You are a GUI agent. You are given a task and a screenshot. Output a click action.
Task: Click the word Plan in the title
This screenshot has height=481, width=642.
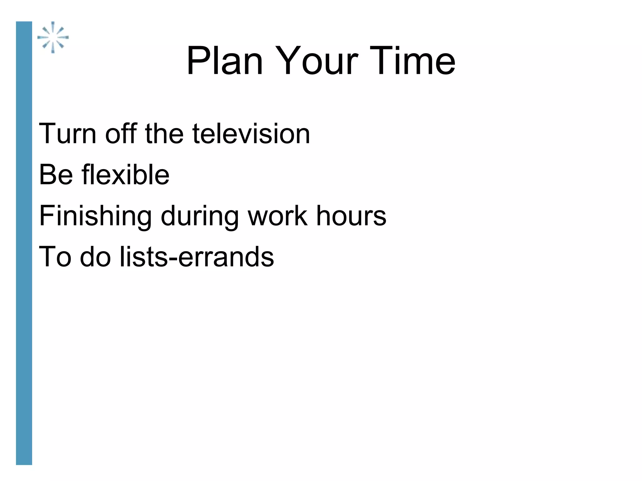(x=224, y=61)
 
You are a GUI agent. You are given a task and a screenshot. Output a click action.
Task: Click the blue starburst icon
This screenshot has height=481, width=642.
(x=53, y=37)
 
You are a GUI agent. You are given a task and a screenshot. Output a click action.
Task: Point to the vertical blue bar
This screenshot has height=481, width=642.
(x=24, y=243)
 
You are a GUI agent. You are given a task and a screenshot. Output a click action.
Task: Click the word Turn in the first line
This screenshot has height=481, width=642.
(x=67, y=134)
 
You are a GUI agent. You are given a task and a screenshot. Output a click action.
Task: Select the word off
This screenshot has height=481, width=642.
(x=121, y=134)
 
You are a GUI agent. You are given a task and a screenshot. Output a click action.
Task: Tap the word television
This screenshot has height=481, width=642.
(x=251, y=134)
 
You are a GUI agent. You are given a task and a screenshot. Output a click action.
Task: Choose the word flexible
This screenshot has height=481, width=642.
(x=125, y=175)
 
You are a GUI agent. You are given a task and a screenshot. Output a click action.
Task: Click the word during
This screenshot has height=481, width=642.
(x=200, y=216)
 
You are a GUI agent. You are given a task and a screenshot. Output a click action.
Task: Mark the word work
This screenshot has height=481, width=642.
(x=277, y=216)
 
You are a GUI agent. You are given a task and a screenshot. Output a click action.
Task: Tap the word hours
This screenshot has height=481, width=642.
(x=351, y=216)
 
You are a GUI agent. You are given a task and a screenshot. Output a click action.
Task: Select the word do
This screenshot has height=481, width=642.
(x=95, y=257)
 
